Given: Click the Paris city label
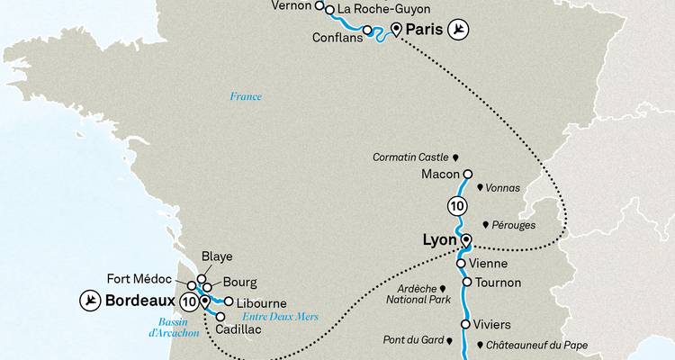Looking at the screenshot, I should click(427, 31).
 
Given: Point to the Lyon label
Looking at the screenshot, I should click(441, 241).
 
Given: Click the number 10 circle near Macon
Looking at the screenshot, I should click(456, 206).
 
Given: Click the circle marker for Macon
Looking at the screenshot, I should click(467, 174).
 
